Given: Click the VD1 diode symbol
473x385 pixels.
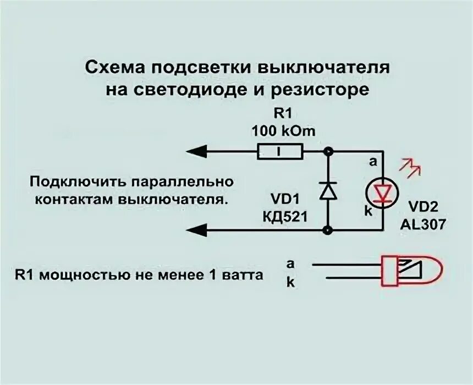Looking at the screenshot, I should pos(328,190).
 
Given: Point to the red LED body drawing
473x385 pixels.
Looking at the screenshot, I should pos(411,271).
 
